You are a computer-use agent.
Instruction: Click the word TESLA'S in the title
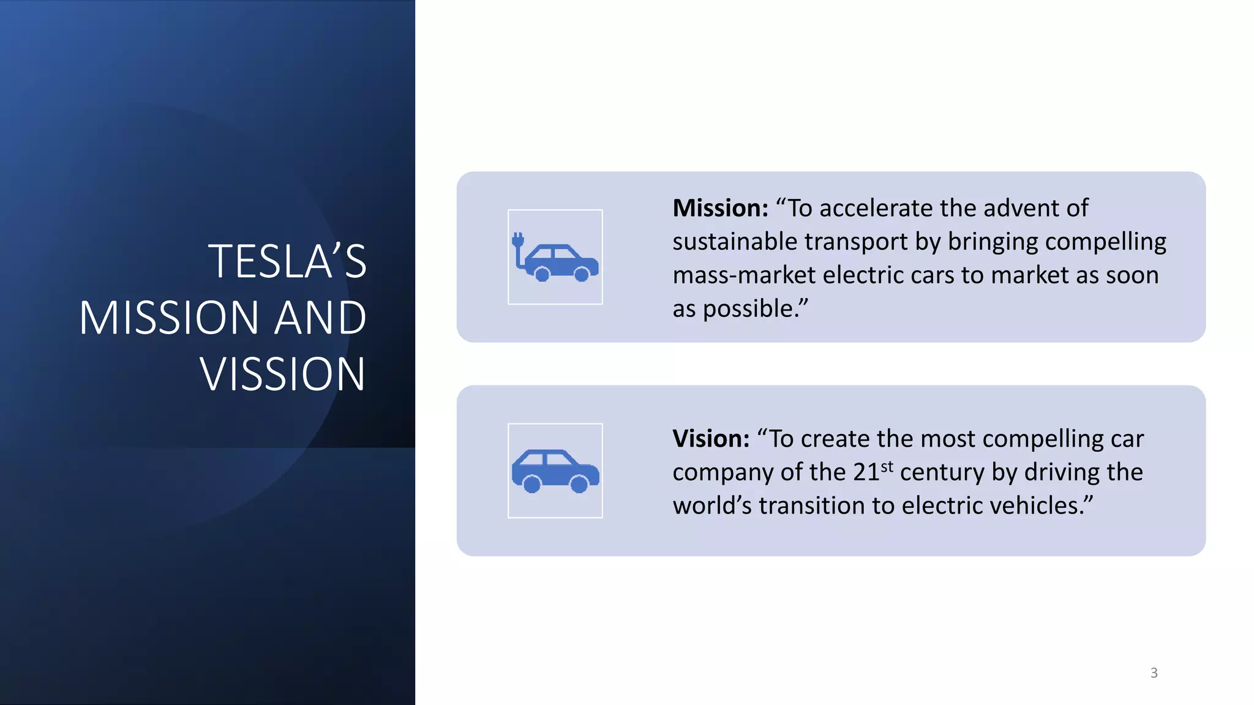coord(287,262)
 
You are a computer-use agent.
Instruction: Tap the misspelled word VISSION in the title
coord(282,375)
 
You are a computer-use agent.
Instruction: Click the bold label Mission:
coord(720,209)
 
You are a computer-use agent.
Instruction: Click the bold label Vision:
coord(710,439)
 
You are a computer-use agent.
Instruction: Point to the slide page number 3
coord(1154,673)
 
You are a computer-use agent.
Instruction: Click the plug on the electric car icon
coord(518,240)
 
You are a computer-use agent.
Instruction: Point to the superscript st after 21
coord(887,467)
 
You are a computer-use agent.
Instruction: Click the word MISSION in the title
coord(168,318)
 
